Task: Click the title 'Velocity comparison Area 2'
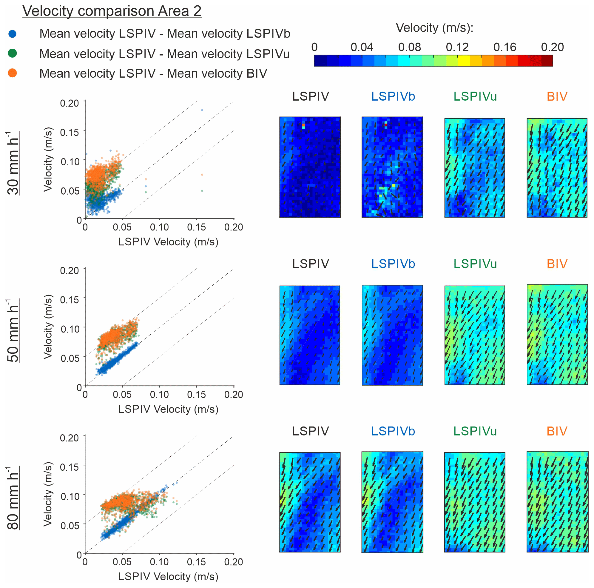pyautogui.click(x=112, y=11)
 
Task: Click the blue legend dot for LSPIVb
pyautogui.click(x=12, y=34)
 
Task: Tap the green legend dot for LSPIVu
pyautogui.click(x=12, y=53)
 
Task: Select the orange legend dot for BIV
pyautogui.click(x=12, y=73)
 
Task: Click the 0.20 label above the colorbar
pyautogui.click(x=552, y=47)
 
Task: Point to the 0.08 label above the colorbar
pyautogui.click(x=409, y=47)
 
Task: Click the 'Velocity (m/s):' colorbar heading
pyautogui.click(x=434, y=28)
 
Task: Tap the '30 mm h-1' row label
pyautogui.click(x=13, y=163)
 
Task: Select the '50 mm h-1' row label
pyautogui.click(x=13, y=331)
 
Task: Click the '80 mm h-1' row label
pyautogui.click(x=13, y=498)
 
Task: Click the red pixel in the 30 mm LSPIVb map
pyautogui.click(x=386, y=125)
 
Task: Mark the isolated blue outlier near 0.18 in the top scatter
pyautogui.click(x=202, y=110)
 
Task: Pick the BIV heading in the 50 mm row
pyautogui.click(x=557, y=264)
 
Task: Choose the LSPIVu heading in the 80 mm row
pyautogui.click(x=475, y=431)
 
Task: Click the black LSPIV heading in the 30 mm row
pyautogui.click(x=311, y=97)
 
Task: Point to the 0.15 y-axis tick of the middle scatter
pyautogui.click(x=70, y=300)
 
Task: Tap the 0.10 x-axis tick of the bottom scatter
pyautogui.click(x=159, y=562)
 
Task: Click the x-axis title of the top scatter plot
pyautogui.click(x=168, y=242)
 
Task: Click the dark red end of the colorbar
pyautogui.click(x=547, y=61)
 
